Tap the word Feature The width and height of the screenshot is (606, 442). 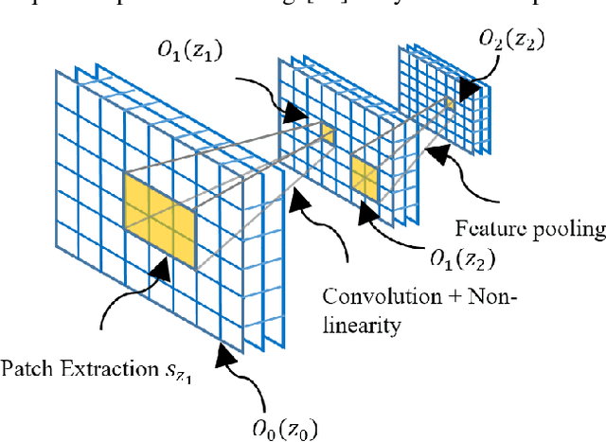point(490,227)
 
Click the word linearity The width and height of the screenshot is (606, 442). point(362,325)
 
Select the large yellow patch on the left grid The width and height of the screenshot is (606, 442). point(159,219)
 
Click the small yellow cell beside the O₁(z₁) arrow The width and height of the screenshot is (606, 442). point(328,134)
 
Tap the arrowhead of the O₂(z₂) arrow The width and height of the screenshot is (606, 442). point(466,93)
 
